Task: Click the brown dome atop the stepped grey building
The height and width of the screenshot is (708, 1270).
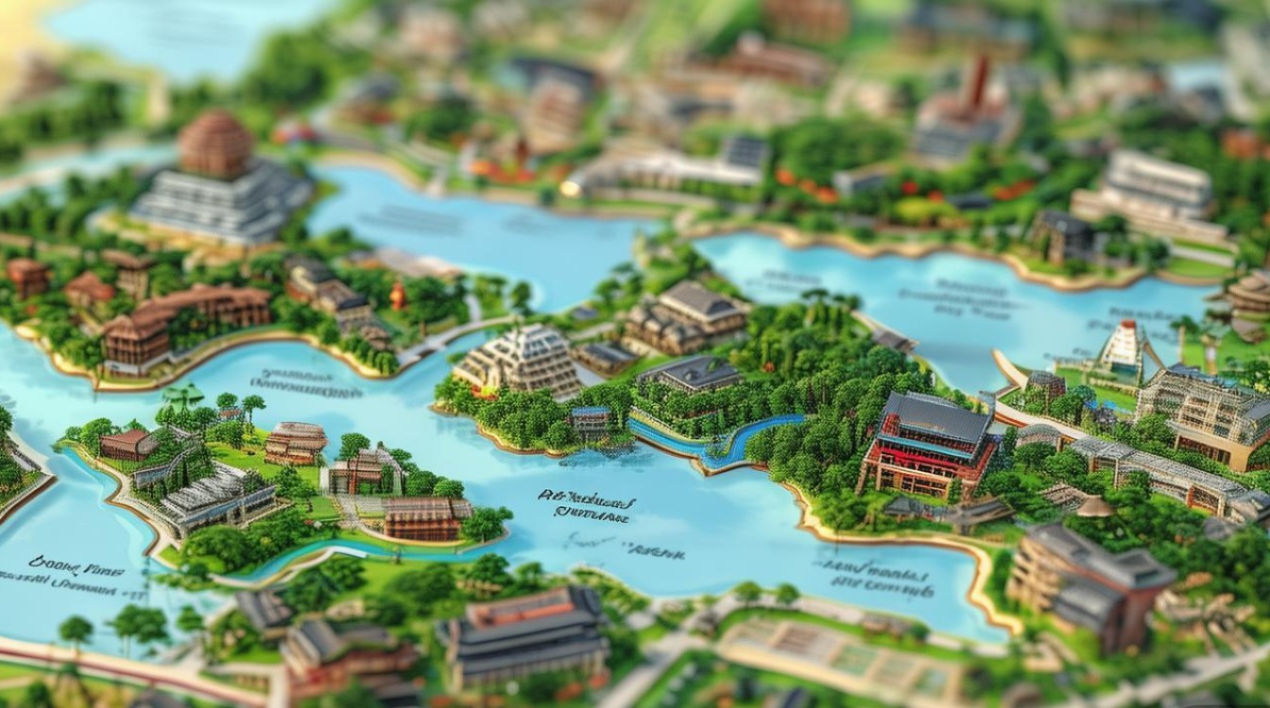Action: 215,142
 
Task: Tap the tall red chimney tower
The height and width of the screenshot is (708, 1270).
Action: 979,80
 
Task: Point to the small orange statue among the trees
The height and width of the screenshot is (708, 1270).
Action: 398,295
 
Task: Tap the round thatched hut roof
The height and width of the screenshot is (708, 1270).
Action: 1094,507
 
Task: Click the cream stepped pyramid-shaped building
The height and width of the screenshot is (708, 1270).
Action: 521,359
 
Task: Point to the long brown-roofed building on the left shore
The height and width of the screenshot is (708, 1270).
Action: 184,321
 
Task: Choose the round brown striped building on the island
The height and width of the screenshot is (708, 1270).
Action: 296,442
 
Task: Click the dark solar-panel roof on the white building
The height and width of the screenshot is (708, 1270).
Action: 746,151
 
